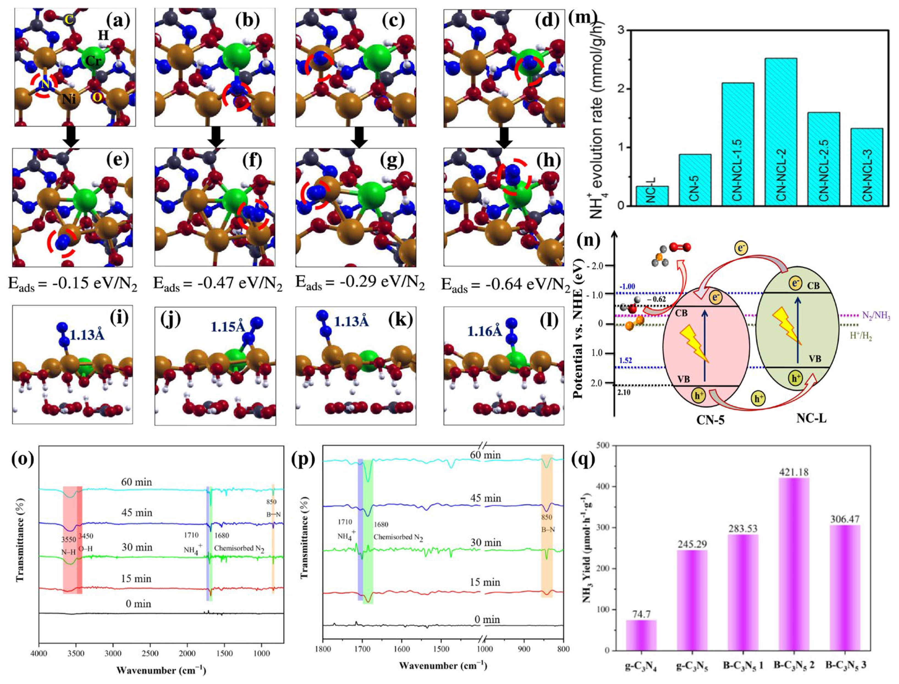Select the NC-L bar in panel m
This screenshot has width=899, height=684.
click(x=652, y=196)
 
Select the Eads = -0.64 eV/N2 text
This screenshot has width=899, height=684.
click(x=505, y=285)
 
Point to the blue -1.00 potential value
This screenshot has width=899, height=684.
click(x=627, y=287)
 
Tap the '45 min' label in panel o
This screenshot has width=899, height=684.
click(x=137, y=513)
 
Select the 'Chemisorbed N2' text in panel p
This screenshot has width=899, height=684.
click(x=398, y=537)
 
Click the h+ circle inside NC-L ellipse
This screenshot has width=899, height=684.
click(x=795, y=378)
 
